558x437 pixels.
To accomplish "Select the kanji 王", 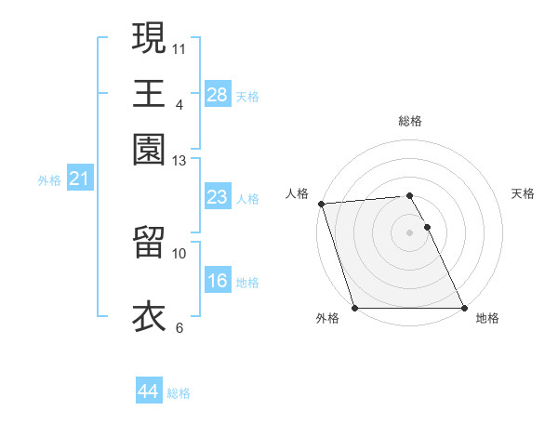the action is tap(149, 92).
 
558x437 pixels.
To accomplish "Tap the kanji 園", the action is tap(149, 148).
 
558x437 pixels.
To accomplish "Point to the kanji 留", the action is tap(149, 241).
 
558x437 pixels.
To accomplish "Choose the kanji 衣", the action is tap(149, 315).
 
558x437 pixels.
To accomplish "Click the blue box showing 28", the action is tap(217, 95).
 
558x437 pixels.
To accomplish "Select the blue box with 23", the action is tap(217, 197).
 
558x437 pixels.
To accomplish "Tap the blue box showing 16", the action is tap(217, 281).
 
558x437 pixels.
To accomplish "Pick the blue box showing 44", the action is tap(148, 392).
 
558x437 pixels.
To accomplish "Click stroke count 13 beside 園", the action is tap(179, 161).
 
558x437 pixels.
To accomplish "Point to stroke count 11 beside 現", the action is tap(179, 47).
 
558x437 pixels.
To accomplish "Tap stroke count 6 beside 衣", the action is tap(179, 327).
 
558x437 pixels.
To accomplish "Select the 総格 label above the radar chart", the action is tap(410, 121).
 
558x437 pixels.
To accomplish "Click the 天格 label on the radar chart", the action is tap(523, 193).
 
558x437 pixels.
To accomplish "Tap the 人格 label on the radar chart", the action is tap(297, 193).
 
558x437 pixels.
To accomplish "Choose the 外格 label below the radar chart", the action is tap(327, 319).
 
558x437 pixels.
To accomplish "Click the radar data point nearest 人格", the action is tap(321, 204).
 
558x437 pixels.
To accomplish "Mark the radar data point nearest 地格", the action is tap(464, 308).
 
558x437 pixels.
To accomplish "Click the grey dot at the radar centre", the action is tap(409, 232).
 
